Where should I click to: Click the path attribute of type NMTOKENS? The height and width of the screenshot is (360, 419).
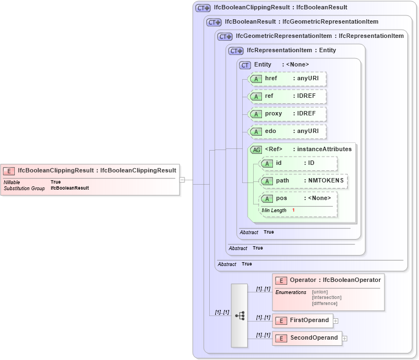click(304, 181)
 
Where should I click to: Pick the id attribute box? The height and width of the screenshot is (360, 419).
click(298, 163)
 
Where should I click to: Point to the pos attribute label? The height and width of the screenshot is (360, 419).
click(281, 198)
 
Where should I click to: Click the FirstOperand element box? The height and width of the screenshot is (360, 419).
click(303, 320)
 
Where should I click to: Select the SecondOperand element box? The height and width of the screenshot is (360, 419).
click(307, 338)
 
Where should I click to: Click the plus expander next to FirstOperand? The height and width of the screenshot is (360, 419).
click(336, 321)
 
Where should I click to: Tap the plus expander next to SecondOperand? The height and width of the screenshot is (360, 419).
click(344, 339)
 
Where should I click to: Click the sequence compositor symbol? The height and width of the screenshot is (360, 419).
click(239, 315)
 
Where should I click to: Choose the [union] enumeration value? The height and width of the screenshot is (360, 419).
click(320, 292)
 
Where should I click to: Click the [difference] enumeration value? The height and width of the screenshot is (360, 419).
click(325, 303)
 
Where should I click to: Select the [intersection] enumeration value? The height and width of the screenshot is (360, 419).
click(326, 297)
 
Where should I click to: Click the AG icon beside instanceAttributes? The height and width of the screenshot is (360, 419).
click(256, 149)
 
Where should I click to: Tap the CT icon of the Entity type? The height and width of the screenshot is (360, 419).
click(245, 65)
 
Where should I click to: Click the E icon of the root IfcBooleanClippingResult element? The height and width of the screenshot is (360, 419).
click(9, 170)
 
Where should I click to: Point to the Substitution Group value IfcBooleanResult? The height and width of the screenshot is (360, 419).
click(70, 188)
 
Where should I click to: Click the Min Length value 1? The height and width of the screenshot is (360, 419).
click(293, 211)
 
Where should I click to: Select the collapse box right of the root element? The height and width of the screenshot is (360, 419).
click(182, 179)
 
